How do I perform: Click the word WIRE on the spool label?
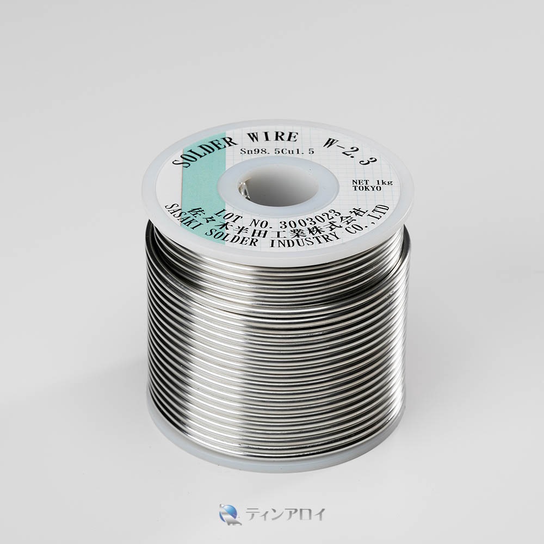click(277, 138)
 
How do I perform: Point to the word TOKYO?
click(367, 188)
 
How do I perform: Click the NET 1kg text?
click(372, 182)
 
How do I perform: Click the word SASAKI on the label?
click(183, 219)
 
